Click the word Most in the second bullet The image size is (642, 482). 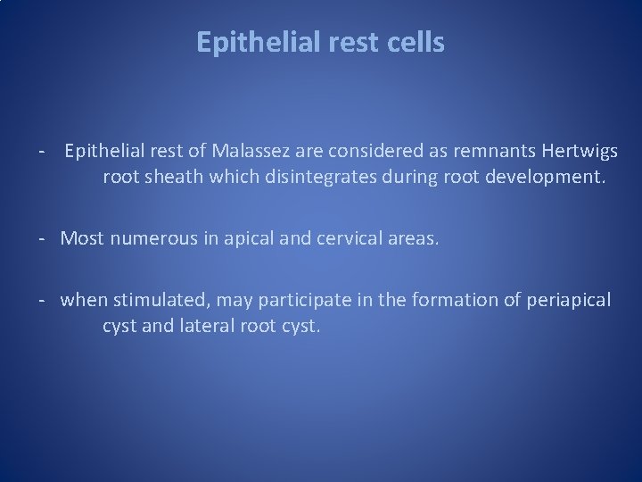tap(81, 238)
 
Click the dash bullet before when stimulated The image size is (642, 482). tap(42, 300)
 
